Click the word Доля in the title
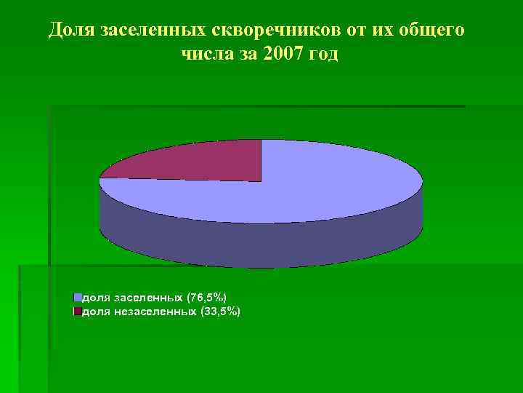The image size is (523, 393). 72,31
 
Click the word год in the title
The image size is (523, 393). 322,55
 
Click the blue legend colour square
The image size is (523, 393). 77,298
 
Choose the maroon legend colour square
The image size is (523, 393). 77,311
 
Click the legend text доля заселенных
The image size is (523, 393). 133,298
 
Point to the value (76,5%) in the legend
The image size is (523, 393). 207,298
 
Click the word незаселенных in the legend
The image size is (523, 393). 153,311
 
